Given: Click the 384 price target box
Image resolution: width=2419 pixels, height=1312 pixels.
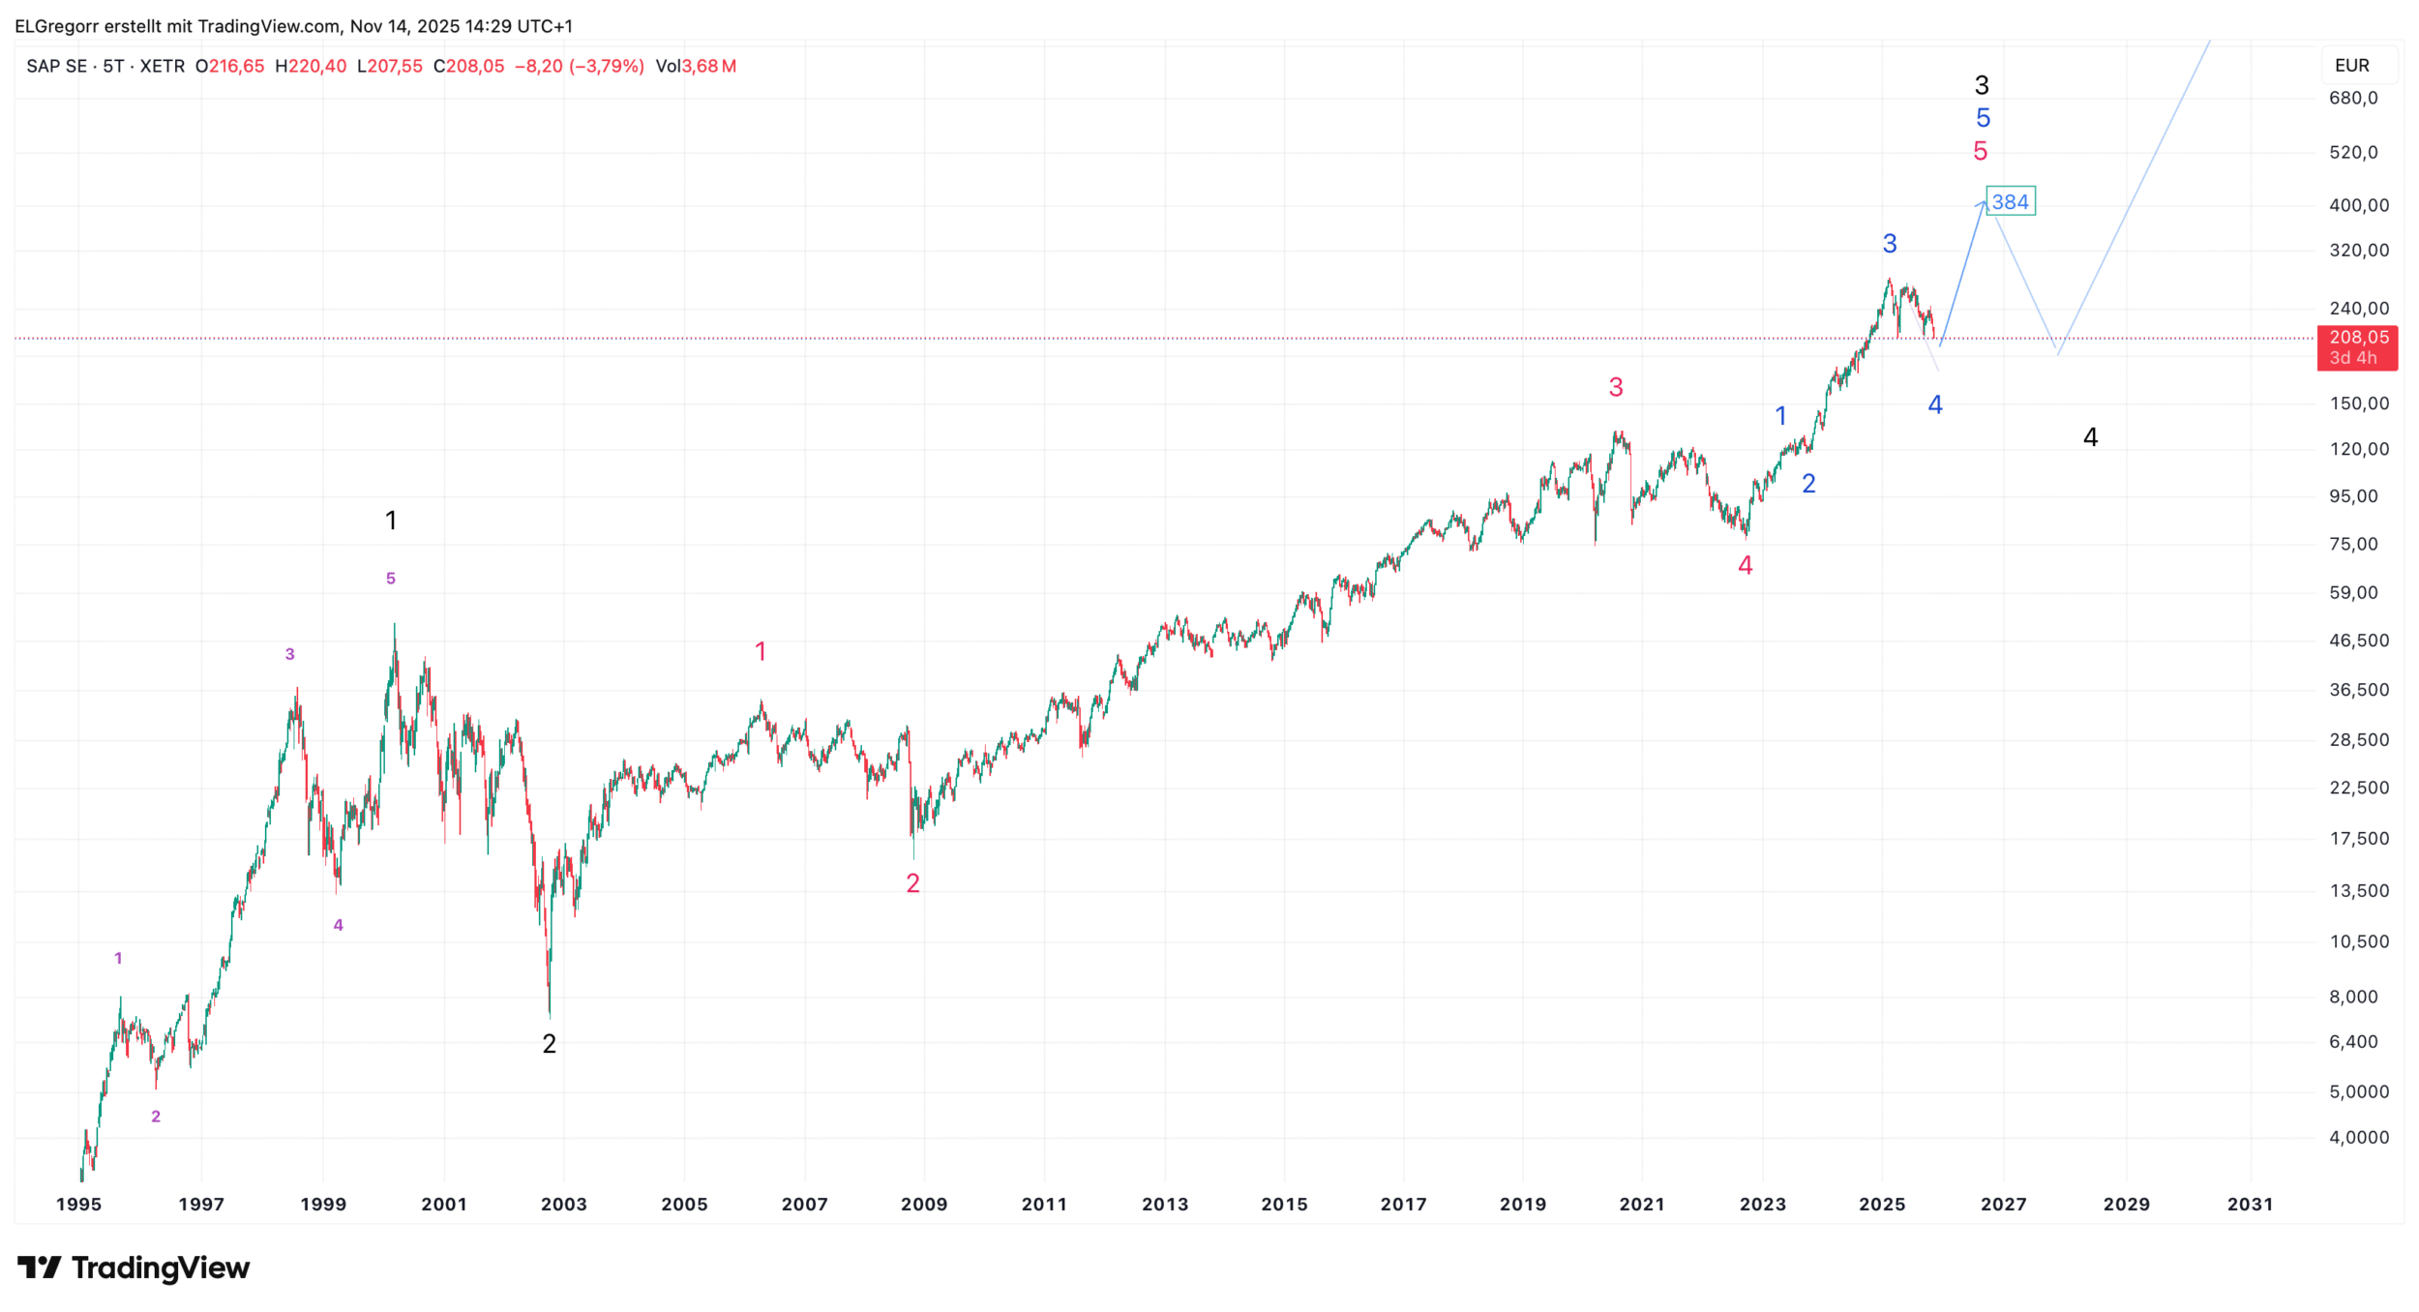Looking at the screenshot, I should coord(2010,202).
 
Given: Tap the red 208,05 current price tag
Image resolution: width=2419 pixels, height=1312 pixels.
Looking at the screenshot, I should coord(2357,347).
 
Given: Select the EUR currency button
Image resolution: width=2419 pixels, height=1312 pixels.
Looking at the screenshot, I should coord(2352,66).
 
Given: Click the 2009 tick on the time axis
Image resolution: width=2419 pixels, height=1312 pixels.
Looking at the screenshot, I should coord(924,1205).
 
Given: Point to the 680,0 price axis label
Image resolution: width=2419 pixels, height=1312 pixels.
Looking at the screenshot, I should coord(2353,98).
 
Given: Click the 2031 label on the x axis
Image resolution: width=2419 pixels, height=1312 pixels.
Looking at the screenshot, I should coord(2250,1205).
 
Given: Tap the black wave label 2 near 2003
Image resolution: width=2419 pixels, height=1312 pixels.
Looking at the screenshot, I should coord(549,1044).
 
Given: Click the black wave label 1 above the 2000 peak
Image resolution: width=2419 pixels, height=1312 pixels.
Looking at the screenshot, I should coord(391,521).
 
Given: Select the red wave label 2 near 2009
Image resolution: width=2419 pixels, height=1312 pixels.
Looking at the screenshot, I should coord(912,883).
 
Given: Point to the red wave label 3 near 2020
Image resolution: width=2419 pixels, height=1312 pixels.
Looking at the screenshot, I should coord(1616,388).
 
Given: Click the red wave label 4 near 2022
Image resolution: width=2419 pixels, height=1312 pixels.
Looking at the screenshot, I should coord(1746,566).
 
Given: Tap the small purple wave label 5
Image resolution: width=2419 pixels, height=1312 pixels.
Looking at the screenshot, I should coord(391,579).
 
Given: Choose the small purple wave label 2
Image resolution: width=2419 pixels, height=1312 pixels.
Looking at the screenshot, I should coord(156,1117).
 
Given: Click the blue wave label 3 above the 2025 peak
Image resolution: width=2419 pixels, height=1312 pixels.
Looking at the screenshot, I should coord(1890,244).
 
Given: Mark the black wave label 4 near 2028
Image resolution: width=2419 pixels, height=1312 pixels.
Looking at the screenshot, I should coord(2090,437).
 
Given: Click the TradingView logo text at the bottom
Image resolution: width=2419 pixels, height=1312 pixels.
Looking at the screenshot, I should coord(160,1267).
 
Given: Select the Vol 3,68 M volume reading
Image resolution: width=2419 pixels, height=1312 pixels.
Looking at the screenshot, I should coord(696,66).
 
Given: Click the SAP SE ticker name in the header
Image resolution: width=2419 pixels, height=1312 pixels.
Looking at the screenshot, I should coord(56,66).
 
